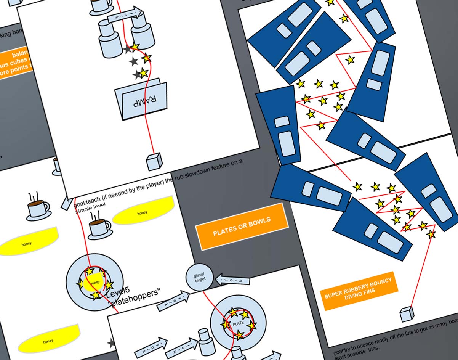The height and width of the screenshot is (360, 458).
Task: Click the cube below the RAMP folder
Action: click(154, 161)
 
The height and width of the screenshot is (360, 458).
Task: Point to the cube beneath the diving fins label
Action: click(407, 314)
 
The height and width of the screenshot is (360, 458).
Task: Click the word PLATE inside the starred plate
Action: click(238, 323)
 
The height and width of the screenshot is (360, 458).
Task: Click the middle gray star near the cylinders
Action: click(133, 61)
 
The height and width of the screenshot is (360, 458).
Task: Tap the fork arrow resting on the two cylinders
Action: click(123, 16)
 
